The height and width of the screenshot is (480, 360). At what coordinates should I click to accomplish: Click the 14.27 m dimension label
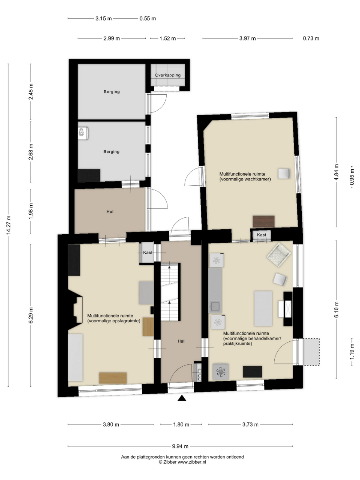coord(8,225)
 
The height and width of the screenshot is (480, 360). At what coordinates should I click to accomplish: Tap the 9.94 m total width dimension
coord(180,446)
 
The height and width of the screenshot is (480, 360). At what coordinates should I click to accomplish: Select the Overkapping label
coord(168,75)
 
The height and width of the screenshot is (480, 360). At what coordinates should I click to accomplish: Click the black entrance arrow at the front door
coord(182,398)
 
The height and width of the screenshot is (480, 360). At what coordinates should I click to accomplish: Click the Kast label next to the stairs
coord(148,252)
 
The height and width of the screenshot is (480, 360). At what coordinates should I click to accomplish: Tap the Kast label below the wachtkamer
coord(261,235)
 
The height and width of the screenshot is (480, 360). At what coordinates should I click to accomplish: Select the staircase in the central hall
coord(170,291)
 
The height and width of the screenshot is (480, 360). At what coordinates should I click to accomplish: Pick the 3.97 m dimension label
coord(248,38)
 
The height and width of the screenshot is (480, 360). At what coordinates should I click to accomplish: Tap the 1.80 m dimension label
coord(181,424)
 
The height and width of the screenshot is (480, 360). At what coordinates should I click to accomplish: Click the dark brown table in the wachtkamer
coord(264,221)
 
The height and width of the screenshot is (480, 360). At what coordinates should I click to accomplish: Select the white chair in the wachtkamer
coord(284,173)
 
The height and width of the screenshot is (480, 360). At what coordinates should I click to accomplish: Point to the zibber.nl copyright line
coord(183,462)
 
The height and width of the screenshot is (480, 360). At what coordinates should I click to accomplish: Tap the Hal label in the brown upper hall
coord(110,212)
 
